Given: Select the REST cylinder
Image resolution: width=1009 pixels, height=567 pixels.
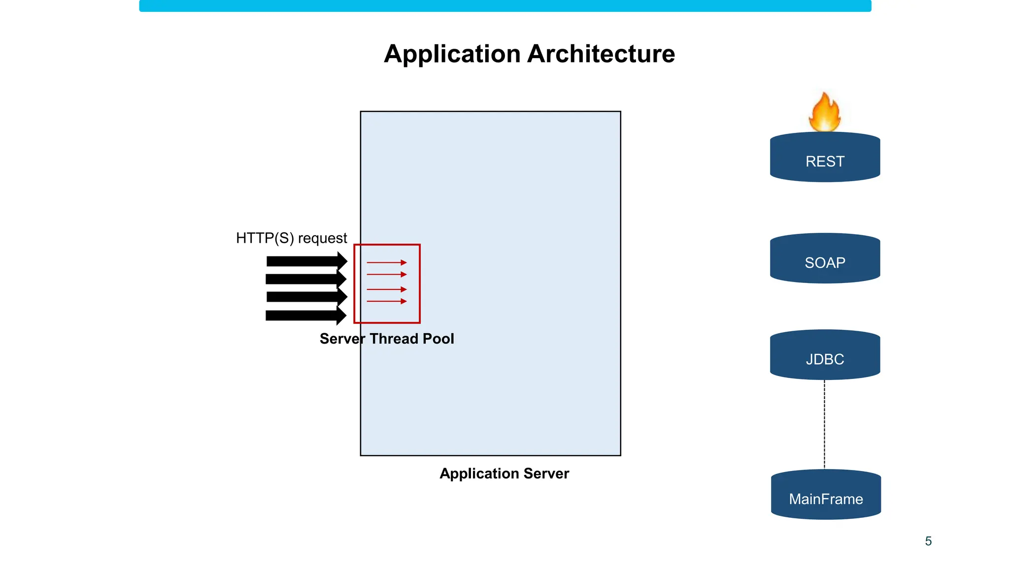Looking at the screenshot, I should click(x=825, y=157).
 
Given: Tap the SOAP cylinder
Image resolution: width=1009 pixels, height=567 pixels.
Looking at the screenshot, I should click(x=825, y=259).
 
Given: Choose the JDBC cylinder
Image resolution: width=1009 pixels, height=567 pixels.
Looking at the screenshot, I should click(x=825, y=355).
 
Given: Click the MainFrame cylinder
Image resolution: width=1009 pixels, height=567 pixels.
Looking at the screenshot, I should click(x=826, y=495).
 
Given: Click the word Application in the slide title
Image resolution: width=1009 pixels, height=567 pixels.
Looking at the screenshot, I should click(x=452, y=54).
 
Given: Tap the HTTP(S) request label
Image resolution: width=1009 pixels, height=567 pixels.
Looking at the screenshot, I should click(x=291, y=238).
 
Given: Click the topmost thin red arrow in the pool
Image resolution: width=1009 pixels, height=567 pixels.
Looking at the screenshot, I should click(x=387, y=262).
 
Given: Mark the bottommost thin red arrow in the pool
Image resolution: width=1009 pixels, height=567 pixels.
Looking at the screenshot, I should click(x=387, y=301).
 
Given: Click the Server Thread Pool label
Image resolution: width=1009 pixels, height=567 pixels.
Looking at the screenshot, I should click(x=387, y=339).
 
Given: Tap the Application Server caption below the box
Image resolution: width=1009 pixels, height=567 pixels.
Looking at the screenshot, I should click(x=504, y=473).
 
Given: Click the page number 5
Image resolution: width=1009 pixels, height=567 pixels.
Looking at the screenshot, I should click(x=928, y=541).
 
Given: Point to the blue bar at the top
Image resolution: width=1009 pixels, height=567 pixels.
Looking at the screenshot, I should click(x=505, y=6).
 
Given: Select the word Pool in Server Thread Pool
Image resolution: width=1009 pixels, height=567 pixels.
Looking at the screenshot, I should click(x=438, y=339).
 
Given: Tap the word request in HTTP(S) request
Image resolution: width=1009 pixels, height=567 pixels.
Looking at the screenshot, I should click(x=322, y=239).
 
